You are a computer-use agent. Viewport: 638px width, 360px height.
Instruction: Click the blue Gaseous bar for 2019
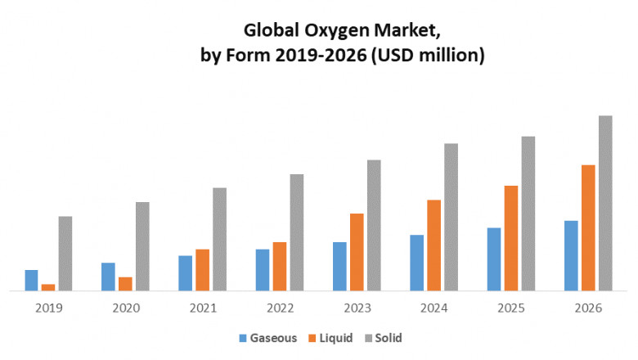point(31,280)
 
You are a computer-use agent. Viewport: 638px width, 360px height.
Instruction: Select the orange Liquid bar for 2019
point(48,286)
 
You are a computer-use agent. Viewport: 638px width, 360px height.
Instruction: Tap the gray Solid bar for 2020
point(142,245)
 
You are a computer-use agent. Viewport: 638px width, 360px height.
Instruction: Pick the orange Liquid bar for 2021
point(203,269)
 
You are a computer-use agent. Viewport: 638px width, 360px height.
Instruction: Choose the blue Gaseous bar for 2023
point(339,266)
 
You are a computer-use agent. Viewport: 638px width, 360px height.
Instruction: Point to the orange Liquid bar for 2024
point(434,245)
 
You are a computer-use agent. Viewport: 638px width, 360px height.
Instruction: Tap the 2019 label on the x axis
point(48,308)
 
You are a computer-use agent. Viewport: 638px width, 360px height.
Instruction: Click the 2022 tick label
point(280,308)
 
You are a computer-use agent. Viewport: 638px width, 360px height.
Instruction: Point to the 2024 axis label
point(434,308)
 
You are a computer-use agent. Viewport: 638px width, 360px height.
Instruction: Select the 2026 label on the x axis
point(589,308)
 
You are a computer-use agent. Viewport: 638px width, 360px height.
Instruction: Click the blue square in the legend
point(243,338)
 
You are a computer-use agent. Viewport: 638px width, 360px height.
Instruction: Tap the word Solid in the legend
point(389,338)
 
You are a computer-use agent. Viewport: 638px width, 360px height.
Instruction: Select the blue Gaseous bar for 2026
point(571,255)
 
